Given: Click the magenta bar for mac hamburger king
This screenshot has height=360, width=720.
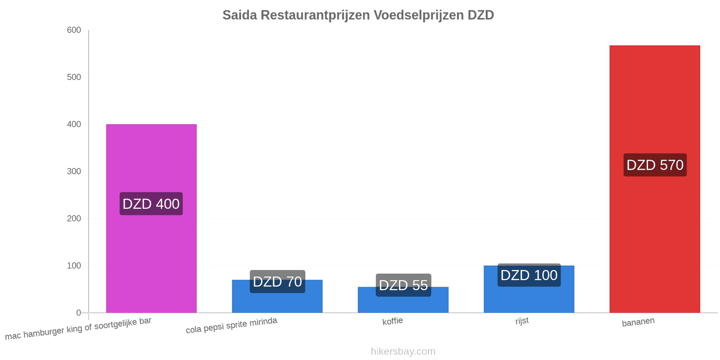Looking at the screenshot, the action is click(x=151, y=219).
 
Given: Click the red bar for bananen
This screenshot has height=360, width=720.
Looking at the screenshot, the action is click(x=655, y=179).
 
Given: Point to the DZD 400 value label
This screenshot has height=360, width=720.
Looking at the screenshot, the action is click(x=151, y=204).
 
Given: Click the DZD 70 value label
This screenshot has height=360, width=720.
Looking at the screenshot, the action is click(x=277, y=282).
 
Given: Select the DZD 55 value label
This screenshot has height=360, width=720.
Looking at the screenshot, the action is click(x=403, y=285).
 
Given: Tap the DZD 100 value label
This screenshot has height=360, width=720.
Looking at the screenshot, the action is click(x=529, y=275).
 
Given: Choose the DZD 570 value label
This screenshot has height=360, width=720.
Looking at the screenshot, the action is click(x=655, y=165).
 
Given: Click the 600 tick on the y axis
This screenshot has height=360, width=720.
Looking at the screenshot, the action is click(x=74, y=30).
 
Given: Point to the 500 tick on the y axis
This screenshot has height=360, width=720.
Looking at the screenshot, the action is click(x=74, y=77).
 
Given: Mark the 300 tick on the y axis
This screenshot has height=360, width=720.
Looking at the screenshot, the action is click(x=74, y=171).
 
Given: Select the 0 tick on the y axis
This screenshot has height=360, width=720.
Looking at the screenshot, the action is click(x=78, y=313).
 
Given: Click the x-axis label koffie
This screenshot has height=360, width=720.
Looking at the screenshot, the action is click(x=392, y=321).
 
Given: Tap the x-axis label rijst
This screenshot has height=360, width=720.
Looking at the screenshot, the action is click(x=522, y=321).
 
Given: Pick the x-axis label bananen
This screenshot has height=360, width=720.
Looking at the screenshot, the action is click(x=638, y=322).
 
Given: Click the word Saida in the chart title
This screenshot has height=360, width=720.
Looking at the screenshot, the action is click(x=240, y=15).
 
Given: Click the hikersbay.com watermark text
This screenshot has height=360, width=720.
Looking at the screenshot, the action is click(x=403, y=351).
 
